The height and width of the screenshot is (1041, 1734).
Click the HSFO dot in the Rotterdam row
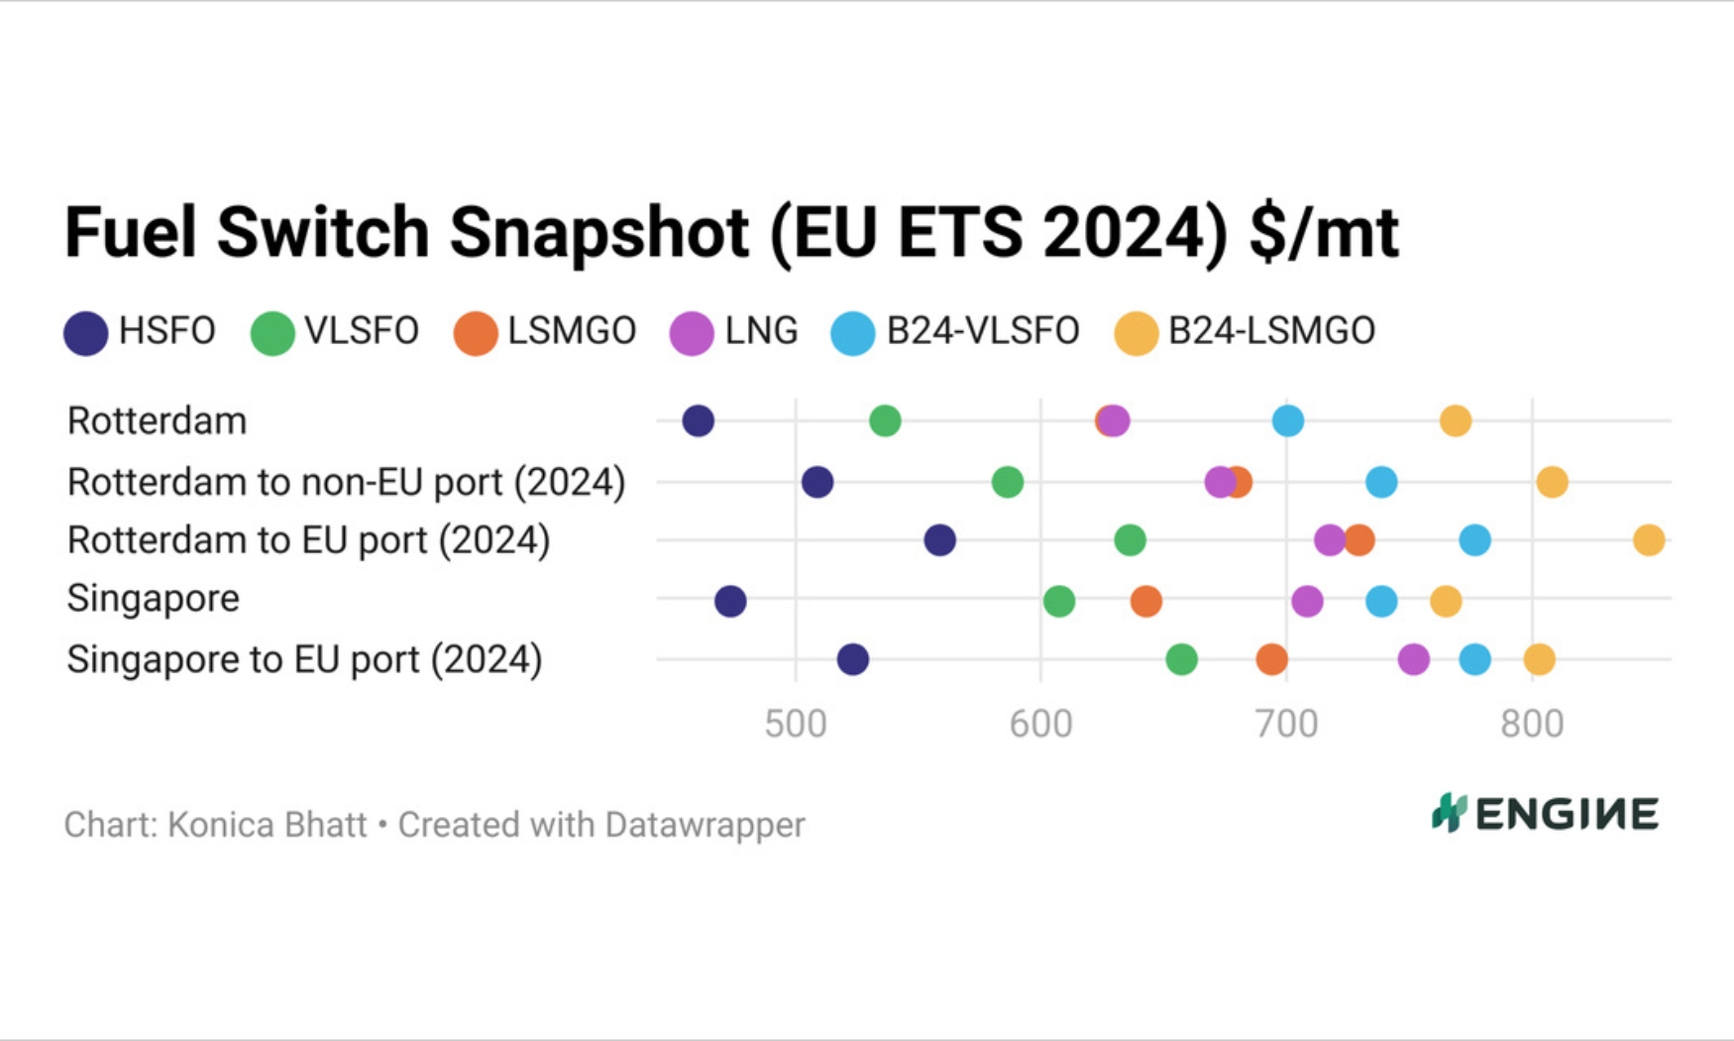point(699,421)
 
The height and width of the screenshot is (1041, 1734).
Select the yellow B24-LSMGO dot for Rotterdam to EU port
point(1649,540)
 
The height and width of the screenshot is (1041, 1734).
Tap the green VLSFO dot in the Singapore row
point(1059,601)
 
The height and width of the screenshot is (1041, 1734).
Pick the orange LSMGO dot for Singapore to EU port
point(1271,659)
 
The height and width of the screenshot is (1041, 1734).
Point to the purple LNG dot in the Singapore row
point(1307,601)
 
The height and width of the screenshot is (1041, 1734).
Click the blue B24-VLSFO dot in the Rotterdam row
point(1287,421)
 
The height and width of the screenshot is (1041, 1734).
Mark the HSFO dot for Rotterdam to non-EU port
point(817,483)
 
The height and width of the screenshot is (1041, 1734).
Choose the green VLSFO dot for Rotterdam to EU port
point(1130,540)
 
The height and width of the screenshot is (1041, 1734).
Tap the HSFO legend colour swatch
point(86,333)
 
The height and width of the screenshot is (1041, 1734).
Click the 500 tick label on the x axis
point(796,725)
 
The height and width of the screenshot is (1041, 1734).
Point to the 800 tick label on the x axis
point(1532,725)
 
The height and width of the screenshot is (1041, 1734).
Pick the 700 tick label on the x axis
point(1286,725)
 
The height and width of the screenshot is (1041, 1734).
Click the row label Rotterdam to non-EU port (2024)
point(346,483)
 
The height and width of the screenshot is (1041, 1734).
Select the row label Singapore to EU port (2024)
point(304,659)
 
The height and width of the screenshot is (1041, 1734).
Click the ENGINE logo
point(1545,814)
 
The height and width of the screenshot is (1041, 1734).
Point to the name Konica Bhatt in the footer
point(268,825)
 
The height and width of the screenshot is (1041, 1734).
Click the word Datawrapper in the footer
point(704,825)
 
